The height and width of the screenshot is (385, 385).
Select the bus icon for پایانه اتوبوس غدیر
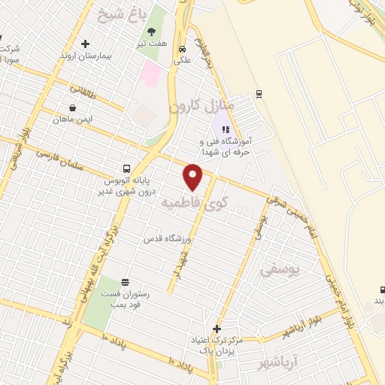click(x=126, y=168)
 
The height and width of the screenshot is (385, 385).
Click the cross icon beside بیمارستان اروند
click(x=86, y=44)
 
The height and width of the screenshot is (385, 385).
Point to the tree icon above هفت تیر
click(x=153, y=32)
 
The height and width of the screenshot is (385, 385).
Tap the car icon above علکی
click(x=183, y=50)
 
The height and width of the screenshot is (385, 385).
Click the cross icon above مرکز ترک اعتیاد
click(x=217, y=329)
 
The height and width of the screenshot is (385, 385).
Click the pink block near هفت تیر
click(x=150, y=74)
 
